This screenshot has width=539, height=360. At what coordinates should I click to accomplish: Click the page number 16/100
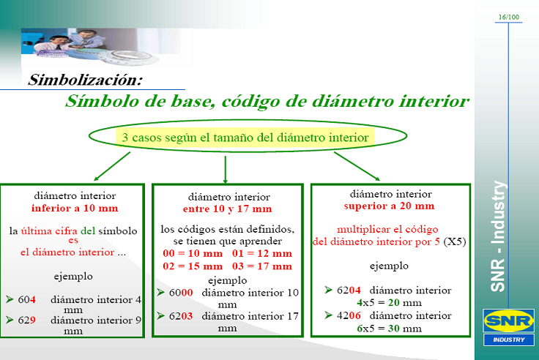[509, 17]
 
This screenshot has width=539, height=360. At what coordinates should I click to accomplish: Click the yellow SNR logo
[509, 320]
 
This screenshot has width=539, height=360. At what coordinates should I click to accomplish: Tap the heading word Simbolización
[85, 80]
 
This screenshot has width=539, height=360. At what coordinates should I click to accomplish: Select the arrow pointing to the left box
[112, 166]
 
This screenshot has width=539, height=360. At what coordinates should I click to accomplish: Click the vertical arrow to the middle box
[225, 170]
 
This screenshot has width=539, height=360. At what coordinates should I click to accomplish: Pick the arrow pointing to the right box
[357, 166]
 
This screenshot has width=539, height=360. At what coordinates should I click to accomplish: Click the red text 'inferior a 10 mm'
[75, 208]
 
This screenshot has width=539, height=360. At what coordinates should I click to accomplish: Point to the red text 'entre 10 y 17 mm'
[227, 209]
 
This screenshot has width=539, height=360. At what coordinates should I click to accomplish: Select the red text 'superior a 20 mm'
[389, 206]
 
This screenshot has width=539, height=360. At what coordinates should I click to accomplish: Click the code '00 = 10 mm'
[193, 253]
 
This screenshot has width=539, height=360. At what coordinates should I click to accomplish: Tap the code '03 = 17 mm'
[262, 266]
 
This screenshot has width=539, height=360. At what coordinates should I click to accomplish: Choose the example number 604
[27, 299]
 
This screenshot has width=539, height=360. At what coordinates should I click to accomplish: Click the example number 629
[27, 320]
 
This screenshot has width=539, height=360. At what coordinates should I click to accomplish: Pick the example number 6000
[181, 293]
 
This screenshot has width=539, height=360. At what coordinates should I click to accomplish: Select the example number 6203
[181, 316]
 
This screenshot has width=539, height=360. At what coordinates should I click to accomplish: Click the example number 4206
[349, 315]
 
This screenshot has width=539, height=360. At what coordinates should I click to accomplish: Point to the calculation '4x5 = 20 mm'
[389, 303]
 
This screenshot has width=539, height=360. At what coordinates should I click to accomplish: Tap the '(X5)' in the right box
[455, 241]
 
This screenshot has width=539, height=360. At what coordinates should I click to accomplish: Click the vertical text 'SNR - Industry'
[498, 236]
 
